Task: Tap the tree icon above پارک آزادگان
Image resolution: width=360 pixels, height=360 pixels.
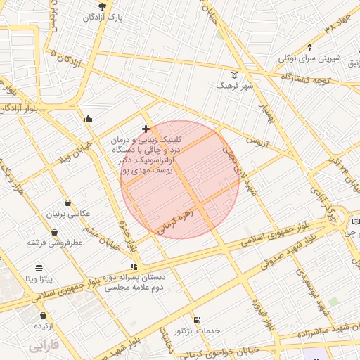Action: pyautogui.click(x=103, y=6)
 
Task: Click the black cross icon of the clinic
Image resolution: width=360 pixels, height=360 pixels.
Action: pyautogui.click(x=146, y=129)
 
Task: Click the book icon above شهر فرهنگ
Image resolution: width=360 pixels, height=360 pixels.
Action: pyautogui.click(x=234, y=75)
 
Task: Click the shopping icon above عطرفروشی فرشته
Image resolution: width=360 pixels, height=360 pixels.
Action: pyautogui.click(x=56, y=232)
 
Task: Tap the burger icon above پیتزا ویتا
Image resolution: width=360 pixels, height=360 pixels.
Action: pyautogui.click(x=38, y=268)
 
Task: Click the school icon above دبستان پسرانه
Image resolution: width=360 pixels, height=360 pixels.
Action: pyautogui.click(x=134, y=266)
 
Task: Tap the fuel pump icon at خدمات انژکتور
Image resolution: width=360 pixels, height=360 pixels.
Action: pyautogui.click(x=196, y=320)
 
